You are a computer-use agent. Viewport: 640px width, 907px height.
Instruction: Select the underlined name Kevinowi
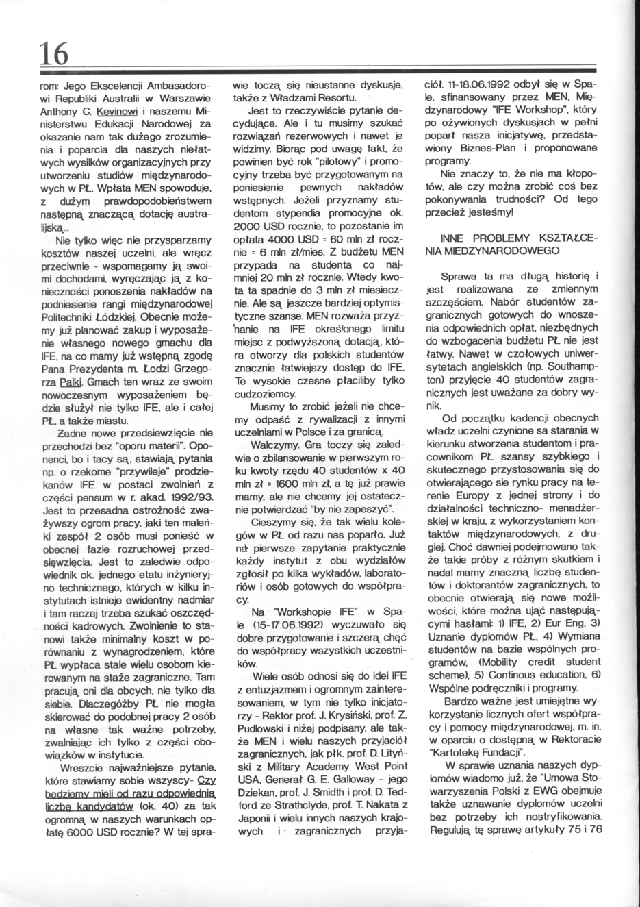tap(118, 110)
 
